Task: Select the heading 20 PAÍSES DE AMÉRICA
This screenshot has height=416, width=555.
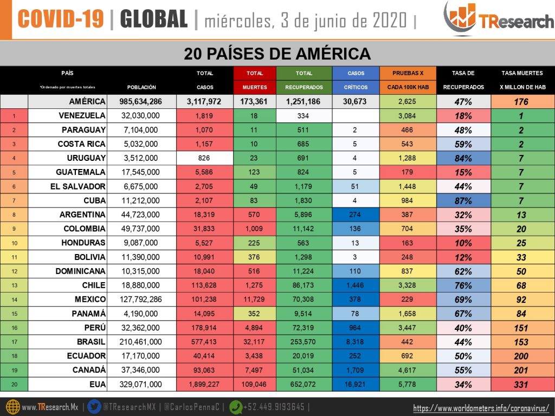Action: (277, 54)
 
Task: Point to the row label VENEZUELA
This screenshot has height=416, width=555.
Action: (82, 116)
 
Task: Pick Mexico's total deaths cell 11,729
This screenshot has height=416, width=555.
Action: (255, 299)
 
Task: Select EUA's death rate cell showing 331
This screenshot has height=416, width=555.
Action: (522, 384)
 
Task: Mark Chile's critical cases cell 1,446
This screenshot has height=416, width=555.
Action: (356, 285)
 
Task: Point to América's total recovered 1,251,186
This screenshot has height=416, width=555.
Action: (304, 101)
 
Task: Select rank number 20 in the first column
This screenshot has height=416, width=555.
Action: (14, 384)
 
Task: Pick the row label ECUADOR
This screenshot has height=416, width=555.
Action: (82, 355)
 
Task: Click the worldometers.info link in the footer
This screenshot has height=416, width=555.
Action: (481, 408)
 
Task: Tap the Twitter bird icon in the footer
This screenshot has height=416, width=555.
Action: (94, 407)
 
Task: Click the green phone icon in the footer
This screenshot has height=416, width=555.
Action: (236, 407)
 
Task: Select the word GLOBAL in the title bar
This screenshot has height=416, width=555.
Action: (153, 19)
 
